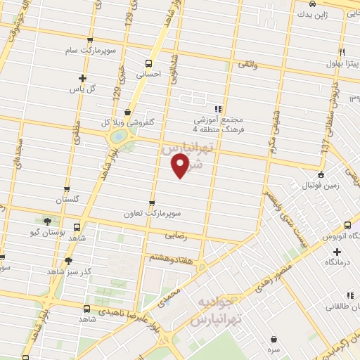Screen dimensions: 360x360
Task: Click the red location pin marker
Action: (x=180, y=166)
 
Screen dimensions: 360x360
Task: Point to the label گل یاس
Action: (x=82, y=89)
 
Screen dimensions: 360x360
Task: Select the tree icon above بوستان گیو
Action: (x=48, y=220)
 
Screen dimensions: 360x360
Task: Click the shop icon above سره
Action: (x=271, y=339)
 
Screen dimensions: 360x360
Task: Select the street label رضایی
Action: (x=175, y=237)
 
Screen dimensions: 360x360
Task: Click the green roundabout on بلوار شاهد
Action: (x=120, y=135)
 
